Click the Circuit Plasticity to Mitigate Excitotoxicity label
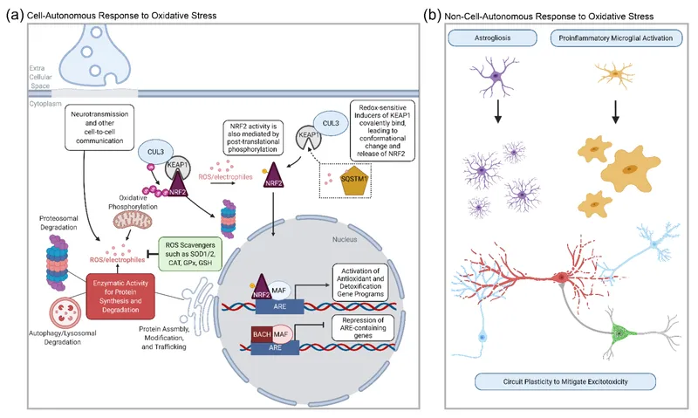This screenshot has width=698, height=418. (563, 380)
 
